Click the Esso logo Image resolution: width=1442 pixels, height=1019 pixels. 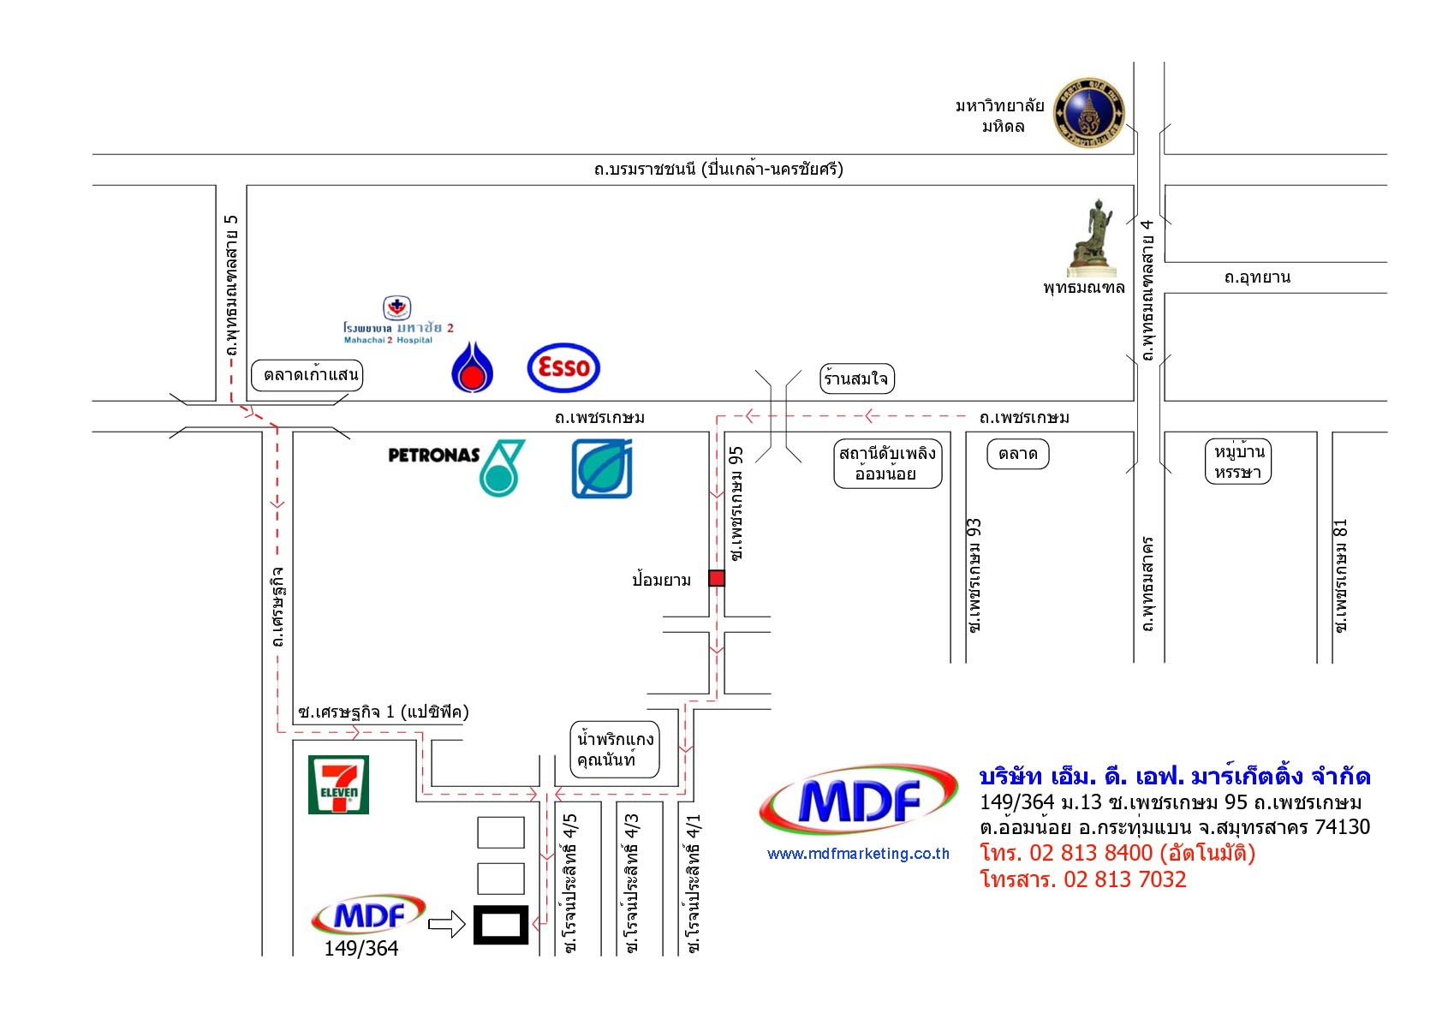(x=563, y=368)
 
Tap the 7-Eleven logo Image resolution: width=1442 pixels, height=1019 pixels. (x=338, y=784)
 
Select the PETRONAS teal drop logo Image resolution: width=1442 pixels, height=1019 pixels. (x=501, y=468)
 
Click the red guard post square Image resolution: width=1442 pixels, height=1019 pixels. (x=717, y=578)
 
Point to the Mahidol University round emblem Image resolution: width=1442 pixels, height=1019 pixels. (x=1088, y=112)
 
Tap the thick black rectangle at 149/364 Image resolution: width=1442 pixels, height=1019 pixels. (x=501, y=925)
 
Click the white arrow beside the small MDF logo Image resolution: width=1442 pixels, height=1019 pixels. (x=445, y=924)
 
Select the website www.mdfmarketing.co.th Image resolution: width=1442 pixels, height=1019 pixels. (x=858, y=854)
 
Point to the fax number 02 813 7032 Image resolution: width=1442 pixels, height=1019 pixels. (x=1124, y=879)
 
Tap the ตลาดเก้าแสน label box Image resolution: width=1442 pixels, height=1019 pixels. (x=307, y=375)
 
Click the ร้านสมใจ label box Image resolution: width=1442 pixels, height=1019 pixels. (x=856, y=378)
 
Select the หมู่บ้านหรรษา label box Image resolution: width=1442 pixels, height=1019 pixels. (x=1238, y=462)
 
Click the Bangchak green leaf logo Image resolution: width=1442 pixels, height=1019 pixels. (x=602, y=468)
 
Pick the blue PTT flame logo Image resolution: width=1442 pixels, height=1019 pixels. (x=472, y=367)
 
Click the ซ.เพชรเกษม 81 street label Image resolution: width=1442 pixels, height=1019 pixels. (x=1341, y=575)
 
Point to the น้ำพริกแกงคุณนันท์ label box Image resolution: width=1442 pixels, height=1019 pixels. (x=615, y=749)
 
